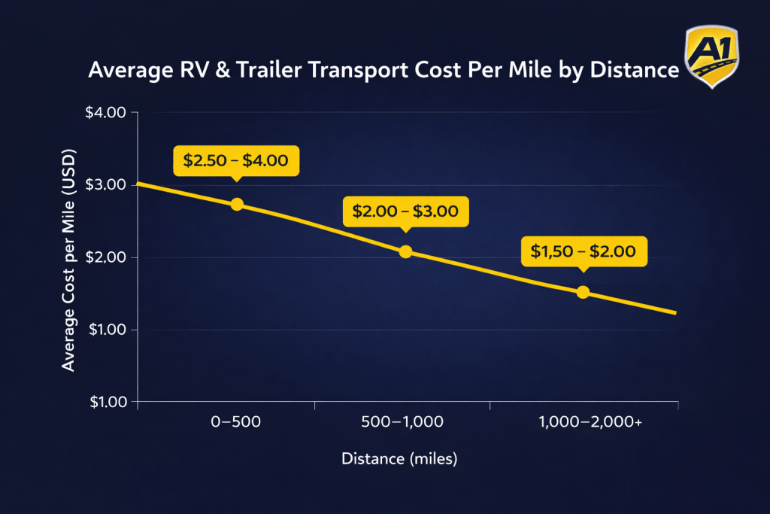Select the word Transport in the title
pyautogui.click(x=353, y=70)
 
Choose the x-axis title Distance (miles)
pyautogui.click(x=399, y=458)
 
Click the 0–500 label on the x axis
pyautogui.click(x=236, y=422)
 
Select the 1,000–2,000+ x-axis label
pyautogui.click(x=590, y=422)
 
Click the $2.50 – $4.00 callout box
pyautogui.click(x=236, y=160)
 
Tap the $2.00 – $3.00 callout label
pyautogui.click(x=405, y=211)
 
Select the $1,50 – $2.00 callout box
pyautogui.click(x=584, y=251)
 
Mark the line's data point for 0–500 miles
pyautogui.click(x=237, y=204)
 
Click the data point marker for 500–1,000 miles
pyautogui.click(x=405, y=251)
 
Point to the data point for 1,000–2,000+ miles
pyautogui.click(x=583, y=292)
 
